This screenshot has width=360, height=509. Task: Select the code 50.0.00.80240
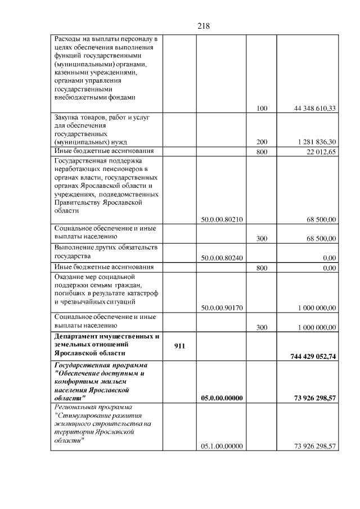point(222,258)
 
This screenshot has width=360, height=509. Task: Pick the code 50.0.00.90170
point(222,308)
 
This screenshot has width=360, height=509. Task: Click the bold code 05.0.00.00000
point(222,398)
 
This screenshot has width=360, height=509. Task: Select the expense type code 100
point(262,109)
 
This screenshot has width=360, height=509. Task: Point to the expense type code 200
point(262,142)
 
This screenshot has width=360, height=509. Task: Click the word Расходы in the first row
point(67,39)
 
